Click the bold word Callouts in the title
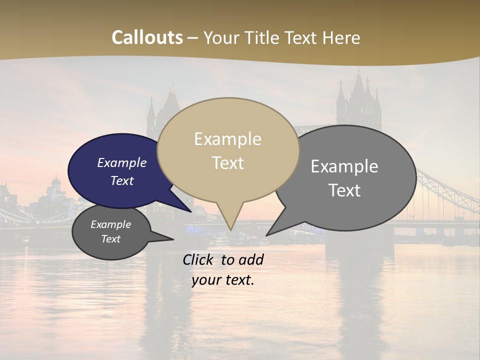pyautogui.click(x=147, y=38)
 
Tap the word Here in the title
pyautogui.click(x=341, y=38)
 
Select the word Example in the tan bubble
pyautogui.click(x=227, y=139)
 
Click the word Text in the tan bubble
pyautogui.click(x=227, y=163)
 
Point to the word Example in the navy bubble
pyautogui.click(x=122, y=162)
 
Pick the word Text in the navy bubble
pyautogui.click(x=122, y=180)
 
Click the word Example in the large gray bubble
pyautogui.click(x=344, y=166)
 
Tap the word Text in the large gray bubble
pyautogui.click(x=344, y=190)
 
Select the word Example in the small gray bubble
pyautogui.click(x=111, y=224)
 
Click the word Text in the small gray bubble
pyautogui.click(x=111, y=239)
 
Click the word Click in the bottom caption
pyautogui.click(x=198, y=259)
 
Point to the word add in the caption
pyautogui.click(x=251, y=259)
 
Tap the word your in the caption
pyautogui.click(x=205, y=280)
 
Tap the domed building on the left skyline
pyautogui.click(x=56, y=183)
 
